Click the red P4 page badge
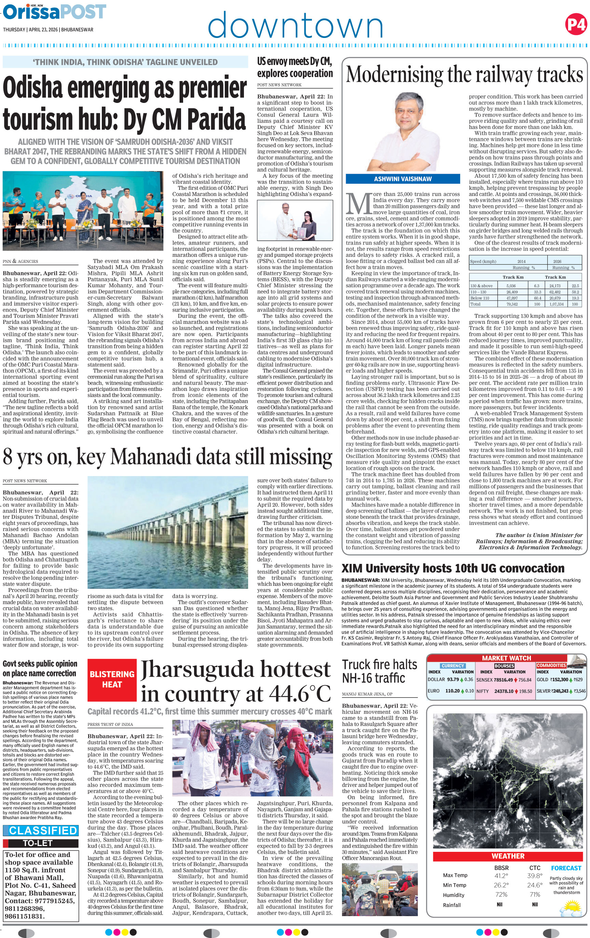(x=576, y=25)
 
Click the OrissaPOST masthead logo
(x=54, y=12)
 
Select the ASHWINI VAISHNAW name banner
(x=403, y=179)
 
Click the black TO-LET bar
(x=38, y=843)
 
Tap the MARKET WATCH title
(x=506, y=658)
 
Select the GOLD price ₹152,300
(x=559, y=680)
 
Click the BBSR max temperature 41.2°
(x=500, y=875)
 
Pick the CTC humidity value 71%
(x=535, y=895)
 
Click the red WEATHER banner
(x=507, y=856)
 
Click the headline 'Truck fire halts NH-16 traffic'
(x=379, y=671)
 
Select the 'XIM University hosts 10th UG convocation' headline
(x=453, y=568)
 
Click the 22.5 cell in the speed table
(x=575, y=286)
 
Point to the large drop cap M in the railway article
(x=358, y=203)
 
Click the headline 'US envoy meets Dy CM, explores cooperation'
(x=294, y=67)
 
